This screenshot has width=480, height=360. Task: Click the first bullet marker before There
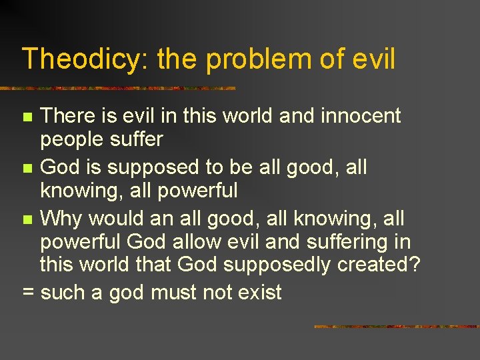pyautogui.click(x=27, y=117)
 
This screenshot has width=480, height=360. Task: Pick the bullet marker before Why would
pyautogui.click(x=27, y=219)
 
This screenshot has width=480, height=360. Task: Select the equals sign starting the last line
pyautogui.click(x=27, y=292)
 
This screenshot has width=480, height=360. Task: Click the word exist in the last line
pyautogui.click(x=257, y=291)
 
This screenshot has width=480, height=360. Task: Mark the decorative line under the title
pyautogui.click(x=117, y=88)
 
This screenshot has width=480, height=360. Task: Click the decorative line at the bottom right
pyautogui.click(x=396, y=327)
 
